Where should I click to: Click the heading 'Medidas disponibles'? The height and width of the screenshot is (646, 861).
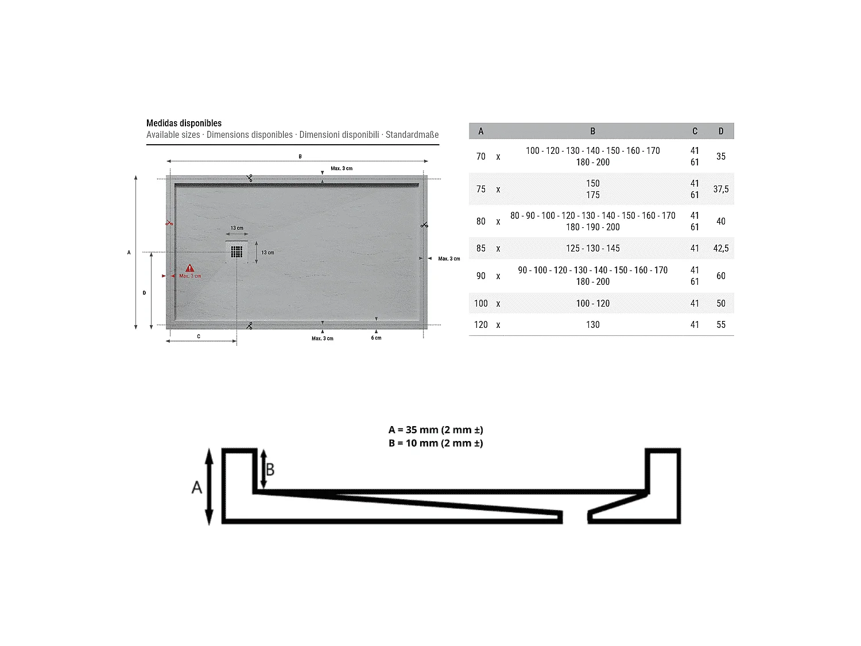(x=184, y=123)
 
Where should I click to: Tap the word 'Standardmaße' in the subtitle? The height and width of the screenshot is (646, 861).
(x=412, y=135)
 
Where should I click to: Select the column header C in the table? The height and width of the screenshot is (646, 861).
(x=695, y=131)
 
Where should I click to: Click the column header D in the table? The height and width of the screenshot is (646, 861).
(x=721, y=131)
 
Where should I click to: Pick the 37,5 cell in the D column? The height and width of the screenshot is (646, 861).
(x=721, y=189)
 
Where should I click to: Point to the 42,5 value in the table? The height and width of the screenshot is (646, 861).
(x=721, y=248)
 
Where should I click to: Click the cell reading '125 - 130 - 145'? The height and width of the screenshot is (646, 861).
(x=592, y=248)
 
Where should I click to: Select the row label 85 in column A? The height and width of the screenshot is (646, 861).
(x=481, y=248)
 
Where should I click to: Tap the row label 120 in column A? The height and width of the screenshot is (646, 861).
(x=481, y=324)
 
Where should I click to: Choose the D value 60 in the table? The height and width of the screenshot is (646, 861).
(x=721, y=276)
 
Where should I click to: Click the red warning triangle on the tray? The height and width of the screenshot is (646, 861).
(x=189, y=268)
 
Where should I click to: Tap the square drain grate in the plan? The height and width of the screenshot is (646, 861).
(x=236, y=252)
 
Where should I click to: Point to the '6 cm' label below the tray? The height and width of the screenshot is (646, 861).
(x=376, y=338)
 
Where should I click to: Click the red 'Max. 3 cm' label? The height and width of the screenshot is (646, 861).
(x=190, y=276)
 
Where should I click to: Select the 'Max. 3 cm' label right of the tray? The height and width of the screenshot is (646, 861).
(x=449, y=259)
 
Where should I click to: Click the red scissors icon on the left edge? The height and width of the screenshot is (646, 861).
(x=169, y=223)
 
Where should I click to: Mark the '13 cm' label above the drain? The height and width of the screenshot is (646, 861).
(x=236, y=228)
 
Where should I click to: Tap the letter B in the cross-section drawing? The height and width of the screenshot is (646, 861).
(x=270, y=470)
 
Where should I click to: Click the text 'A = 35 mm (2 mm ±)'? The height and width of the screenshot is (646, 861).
(x=436, y=430)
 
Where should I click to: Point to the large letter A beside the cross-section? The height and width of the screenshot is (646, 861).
(x=197, y=488)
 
